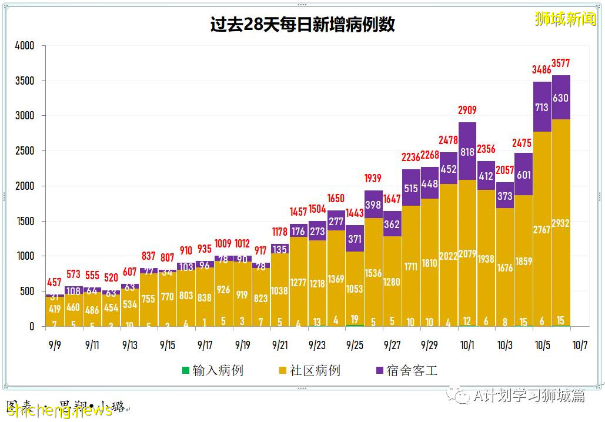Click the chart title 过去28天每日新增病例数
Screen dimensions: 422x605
click(x=302, y=25)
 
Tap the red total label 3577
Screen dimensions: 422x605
click(x=560, y=63)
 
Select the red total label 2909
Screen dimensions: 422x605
click(x=467, y=110)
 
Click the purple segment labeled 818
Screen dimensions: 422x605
click(x=467, y=151)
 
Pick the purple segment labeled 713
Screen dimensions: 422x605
click(x=542, y=107)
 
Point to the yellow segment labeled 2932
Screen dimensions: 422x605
click(x=560, y=223)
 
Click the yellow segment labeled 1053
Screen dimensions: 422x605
click(x=355, y=289)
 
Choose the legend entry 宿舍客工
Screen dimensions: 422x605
click(x=406, y=370)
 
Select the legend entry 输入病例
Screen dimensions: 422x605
click(x=212, y=370)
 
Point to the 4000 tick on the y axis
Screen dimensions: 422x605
click(x=25, y=46)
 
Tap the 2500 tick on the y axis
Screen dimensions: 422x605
click(x=25, y=151)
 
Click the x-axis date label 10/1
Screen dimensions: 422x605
click(x=467, y=345)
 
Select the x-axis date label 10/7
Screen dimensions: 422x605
click(x=579, y=345)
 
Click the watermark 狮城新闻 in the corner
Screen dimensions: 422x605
click(x=564, y=19)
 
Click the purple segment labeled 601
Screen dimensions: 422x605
click(x=523, y=175)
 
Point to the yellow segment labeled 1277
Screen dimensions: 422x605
click(x=299, y=283)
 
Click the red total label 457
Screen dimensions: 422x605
click(x=55, y=283)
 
